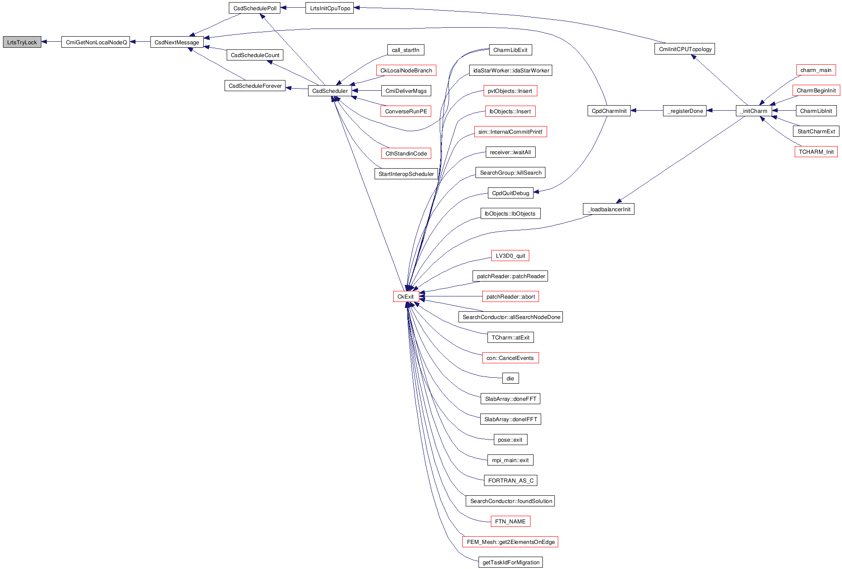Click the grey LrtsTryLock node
[22, 42]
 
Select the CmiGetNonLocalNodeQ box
[96, 42]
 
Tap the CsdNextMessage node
[177, 42]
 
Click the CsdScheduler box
[330, 91]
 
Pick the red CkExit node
[406, 296]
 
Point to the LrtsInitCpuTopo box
[330, 8]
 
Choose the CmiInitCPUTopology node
[685, 49]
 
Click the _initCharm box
[754, 111]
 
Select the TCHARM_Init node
[816, 152]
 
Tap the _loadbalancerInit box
[608, 209]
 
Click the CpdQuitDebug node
[510, 193]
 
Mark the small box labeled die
[510, 378]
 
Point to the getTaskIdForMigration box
[510, 562]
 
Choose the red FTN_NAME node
[510, 521]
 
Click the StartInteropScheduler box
[406, 174]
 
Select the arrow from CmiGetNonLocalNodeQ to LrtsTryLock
[52, 42]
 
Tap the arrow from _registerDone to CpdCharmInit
[647, 111]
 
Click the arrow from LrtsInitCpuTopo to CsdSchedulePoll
[293, 8]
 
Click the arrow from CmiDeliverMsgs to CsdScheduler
[366, 91]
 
